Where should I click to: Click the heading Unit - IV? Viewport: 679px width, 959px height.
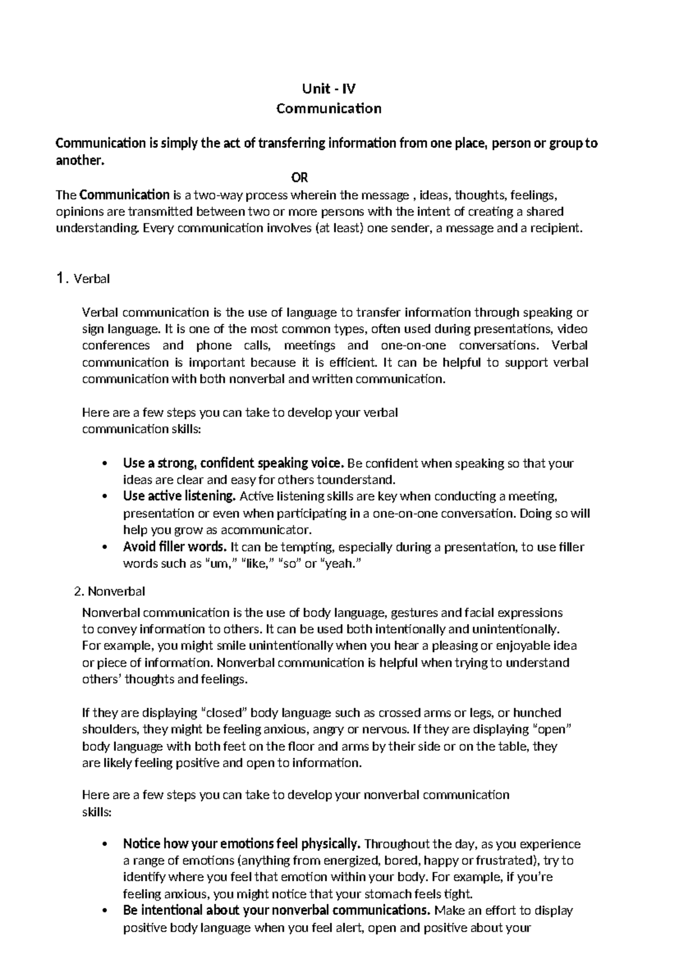coord(329,89)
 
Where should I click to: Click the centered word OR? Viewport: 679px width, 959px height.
coord(299,178)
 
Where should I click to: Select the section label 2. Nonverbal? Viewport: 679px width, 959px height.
coord(110,591)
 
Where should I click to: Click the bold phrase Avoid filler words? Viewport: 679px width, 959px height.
coord(175,547)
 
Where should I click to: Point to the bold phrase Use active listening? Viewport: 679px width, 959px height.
coord(179,496)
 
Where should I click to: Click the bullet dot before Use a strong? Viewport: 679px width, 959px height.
coord(103,464)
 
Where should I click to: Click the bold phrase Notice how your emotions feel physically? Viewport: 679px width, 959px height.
coord(242,844)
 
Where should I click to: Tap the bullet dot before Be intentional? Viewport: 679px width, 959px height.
coord(103,912)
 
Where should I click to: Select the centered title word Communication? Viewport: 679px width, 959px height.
coord(329,109)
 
